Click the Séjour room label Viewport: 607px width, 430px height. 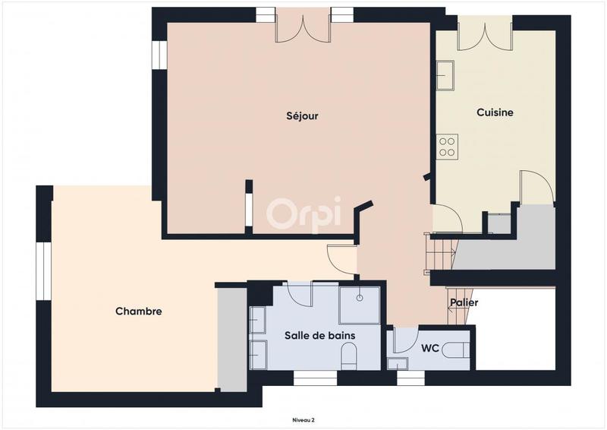[302, 116]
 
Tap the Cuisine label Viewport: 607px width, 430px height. [495, 112]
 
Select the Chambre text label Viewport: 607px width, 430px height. [139, 311]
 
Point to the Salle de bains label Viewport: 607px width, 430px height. [320, 335]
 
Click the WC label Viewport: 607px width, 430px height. [430, 348]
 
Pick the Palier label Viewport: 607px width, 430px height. [463, 302]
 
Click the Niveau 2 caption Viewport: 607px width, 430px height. [303, 419]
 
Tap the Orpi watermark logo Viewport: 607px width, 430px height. [303, 213]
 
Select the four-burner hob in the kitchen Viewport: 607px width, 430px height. [447, 146]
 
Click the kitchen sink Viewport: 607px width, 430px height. [445, 76]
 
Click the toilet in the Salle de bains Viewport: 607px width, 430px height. [350, 356]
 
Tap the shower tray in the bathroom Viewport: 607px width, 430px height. [360, 305]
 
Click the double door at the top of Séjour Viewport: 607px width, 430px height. [303, 27]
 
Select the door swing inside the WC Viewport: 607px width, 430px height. [404, 339]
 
